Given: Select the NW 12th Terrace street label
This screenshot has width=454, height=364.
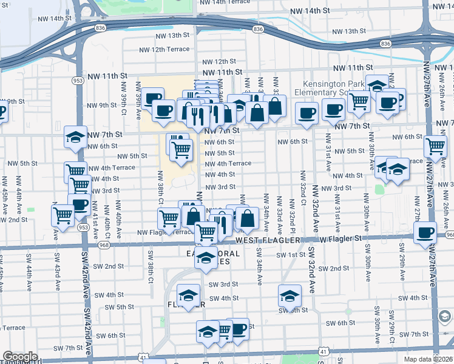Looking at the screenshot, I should pyautogui.click(x=164, y=49).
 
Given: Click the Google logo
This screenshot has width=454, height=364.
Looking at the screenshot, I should pyautogui.click(x=20, y=357).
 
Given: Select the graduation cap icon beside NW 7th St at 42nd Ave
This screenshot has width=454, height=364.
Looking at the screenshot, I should pyautogui.click(x=75, y=137).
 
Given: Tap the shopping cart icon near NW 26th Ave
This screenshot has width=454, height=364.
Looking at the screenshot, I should pyautogui.click(x=436, y=146).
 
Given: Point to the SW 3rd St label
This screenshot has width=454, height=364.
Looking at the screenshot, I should pyautogui.click(x=223, y=284).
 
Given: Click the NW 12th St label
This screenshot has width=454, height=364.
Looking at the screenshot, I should pyautogui.click(x=219, y=61).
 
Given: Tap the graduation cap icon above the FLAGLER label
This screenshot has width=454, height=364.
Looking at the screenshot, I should pyautogui.click(x=189, y=294).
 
